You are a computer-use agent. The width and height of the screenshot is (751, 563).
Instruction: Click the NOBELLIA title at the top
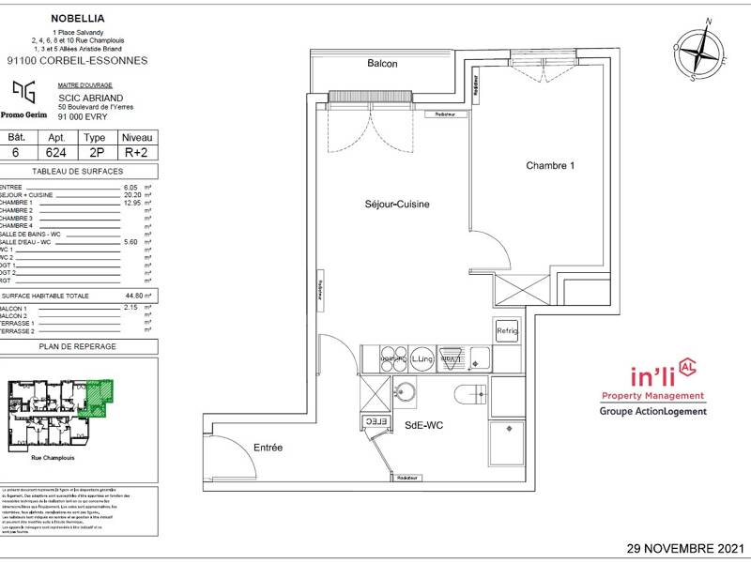pos(78,16)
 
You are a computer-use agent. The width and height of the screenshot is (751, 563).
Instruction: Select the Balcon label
pos(382,64)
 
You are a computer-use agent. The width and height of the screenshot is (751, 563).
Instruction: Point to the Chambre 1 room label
pos(550,165)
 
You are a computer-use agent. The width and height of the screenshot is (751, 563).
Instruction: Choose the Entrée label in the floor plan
pos(268,448)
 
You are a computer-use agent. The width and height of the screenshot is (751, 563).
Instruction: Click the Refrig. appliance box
pos(506,330)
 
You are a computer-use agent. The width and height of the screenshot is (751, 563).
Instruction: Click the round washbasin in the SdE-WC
pos(406,393)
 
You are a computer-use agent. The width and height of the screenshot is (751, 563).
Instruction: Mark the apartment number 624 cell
pos(55,152)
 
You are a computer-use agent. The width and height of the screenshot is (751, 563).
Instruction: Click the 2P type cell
pos(95,152)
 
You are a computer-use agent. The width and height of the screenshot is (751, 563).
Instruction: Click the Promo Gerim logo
pos(25,99)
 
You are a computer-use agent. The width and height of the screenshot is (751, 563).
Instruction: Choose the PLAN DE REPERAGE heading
pos(78,346)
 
